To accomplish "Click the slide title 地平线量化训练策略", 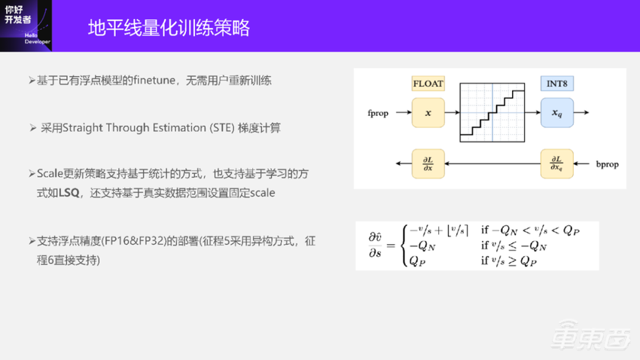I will pos(168,29).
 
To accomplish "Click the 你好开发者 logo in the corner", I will pos(25,24).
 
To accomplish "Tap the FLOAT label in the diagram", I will pos(428,84).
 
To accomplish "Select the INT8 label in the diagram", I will pos(556,84).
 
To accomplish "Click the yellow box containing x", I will pos(428,112).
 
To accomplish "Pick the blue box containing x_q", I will pos(556,112).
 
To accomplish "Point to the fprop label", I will pos(378,113).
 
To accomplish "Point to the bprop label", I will pos(607,163).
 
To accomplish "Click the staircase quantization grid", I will pos(492,111).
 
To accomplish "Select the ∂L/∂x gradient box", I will pos(428,163).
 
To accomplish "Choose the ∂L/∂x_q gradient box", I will pos(556,163).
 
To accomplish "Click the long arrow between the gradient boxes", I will pos(492,163).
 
